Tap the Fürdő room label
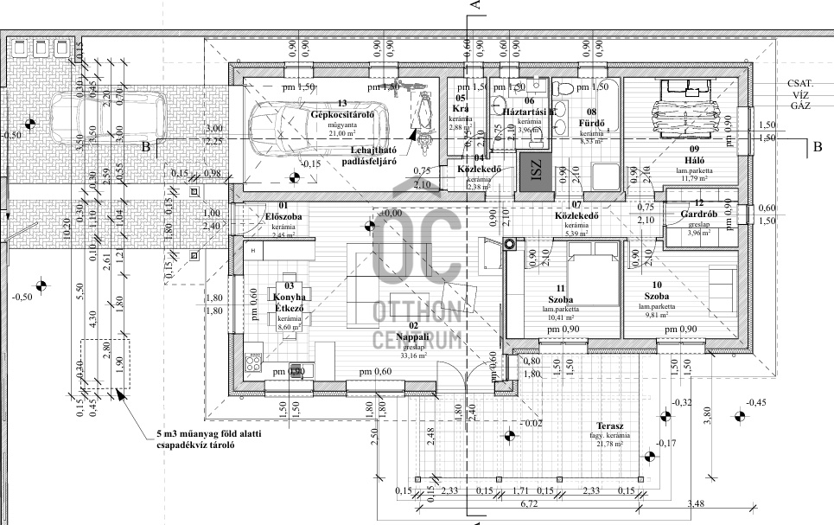point(591,122)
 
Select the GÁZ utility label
point(799,105)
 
